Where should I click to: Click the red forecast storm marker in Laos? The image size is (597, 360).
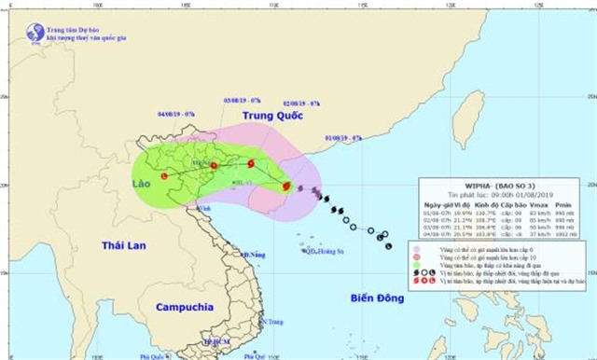click(164, 175)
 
